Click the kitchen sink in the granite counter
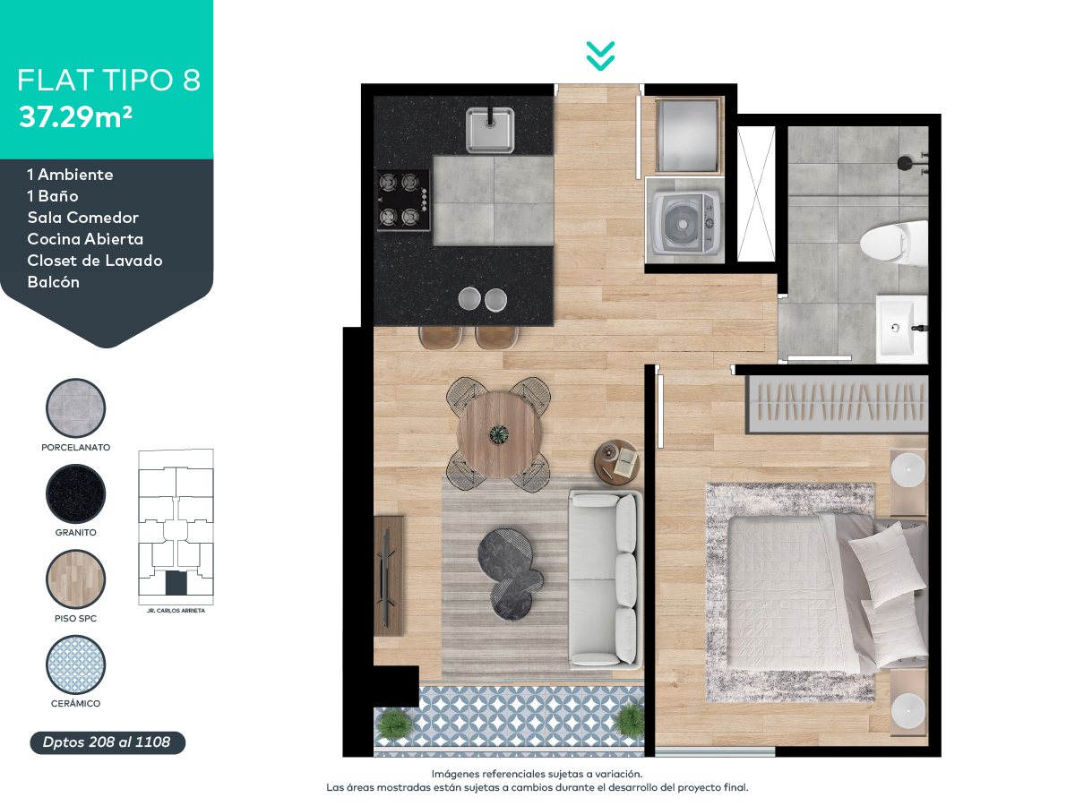pos(489,130)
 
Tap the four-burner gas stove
pos(403,200)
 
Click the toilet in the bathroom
pos(894,243)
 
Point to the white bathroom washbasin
pos(901,329)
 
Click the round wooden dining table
pos(499,434)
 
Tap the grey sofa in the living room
pos(605,580)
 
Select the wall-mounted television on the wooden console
pos(386,578)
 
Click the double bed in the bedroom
pos(828,593)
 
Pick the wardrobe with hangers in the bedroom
pos(837,403)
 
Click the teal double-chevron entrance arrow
pos(600,56)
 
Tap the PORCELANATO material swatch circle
pos(75,408)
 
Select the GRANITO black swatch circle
pos(75,493)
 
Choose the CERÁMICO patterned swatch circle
pos(75,665)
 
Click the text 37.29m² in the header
pos(75,117)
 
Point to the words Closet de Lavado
pos(95,261)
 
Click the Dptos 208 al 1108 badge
pos(107,742)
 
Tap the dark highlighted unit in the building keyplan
pos(176,583)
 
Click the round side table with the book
pos(617,462)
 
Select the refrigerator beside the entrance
pos(686,135)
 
